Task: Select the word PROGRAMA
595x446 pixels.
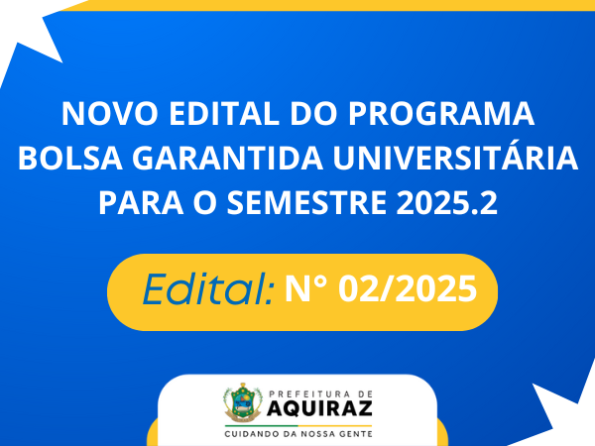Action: [441, 113]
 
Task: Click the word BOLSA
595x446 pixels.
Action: [70, 158]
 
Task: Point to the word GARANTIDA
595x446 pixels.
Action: [228, 158]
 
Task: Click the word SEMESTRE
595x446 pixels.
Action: [306, 202]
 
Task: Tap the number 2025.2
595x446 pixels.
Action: [446, 202]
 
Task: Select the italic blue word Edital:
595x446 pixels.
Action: [208, 289]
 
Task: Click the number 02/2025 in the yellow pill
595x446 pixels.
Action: [408, 289]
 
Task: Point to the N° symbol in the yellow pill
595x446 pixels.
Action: [305, 288]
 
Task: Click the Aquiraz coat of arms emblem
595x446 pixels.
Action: [243, 402]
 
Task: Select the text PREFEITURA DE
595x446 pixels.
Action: [320, 394]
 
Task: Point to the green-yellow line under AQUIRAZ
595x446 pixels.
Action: [298, 426]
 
